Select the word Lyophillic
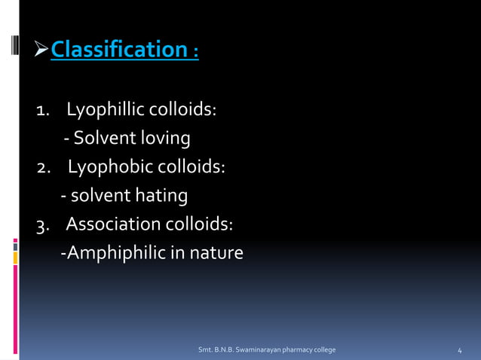pyautogui.click(x=105, y=111)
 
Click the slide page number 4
pyautogui.click(x=460, y=351)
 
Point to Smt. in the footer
pyautogui.click(x=204, y=350)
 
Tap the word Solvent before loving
pyautogui.click(x=101, y=139)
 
